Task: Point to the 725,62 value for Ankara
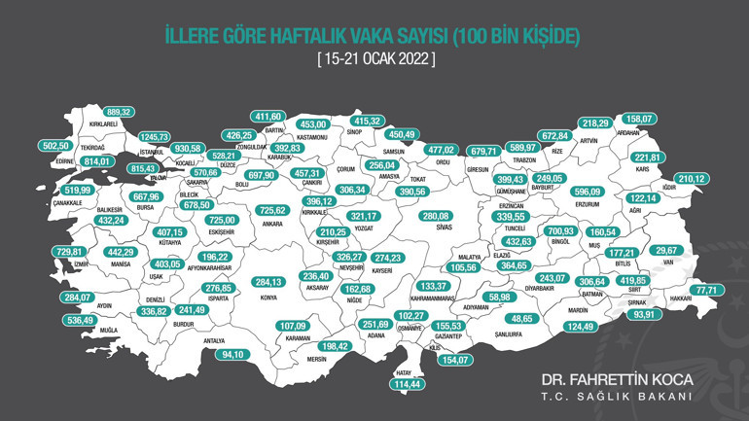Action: coord(272,210)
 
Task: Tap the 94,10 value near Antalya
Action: coord(233,354)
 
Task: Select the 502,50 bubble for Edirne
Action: coord(57,146)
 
